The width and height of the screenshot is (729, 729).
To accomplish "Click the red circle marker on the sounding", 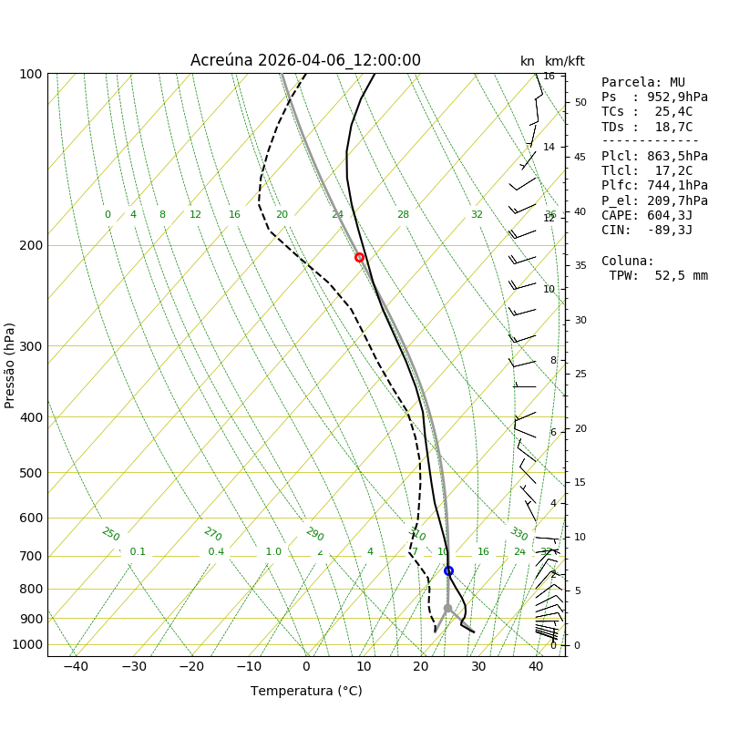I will tap(359, 257).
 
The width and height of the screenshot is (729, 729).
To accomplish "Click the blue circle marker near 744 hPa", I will tap(448, 570).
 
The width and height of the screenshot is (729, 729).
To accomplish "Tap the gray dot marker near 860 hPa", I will tap(447, 608).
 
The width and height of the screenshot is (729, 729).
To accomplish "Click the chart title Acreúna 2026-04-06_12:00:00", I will tap(305, 61).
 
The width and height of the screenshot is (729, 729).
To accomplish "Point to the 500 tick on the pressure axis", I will tap(31, 473).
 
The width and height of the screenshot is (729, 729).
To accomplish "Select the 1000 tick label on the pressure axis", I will tap(27, 644).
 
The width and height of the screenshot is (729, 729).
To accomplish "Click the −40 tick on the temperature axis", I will tap(76, 666).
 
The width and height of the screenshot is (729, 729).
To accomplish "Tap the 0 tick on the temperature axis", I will tap(306, 666).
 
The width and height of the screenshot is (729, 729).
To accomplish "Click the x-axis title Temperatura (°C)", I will tap(306, 691).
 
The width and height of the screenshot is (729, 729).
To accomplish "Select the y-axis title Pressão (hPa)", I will tap(10, 364).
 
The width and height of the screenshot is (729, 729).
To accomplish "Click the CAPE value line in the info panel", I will tap(647, 215).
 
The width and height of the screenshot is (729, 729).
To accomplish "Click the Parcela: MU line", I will tap(643, 83).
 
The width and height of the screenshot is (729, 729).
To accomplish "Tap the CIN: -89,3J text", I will tap(647, 231).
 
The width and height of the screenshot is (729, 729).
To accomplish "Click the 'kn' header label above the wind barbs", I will tap(528, 62).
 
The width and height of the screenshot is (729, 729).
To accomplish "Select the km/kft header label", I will tap(565, 62).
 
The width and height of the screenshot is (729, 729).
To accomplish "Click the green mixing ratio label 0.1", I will tap(138, 552).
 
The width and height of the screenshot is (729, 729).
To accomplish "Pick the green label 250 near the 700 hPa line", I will tap(110, 535).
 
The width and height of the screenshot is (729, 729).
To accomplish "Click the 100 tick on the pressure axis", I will tap(31, 74).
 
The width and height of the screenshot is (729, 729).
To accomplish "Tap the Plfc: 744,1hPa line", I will tap(654, 186).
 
